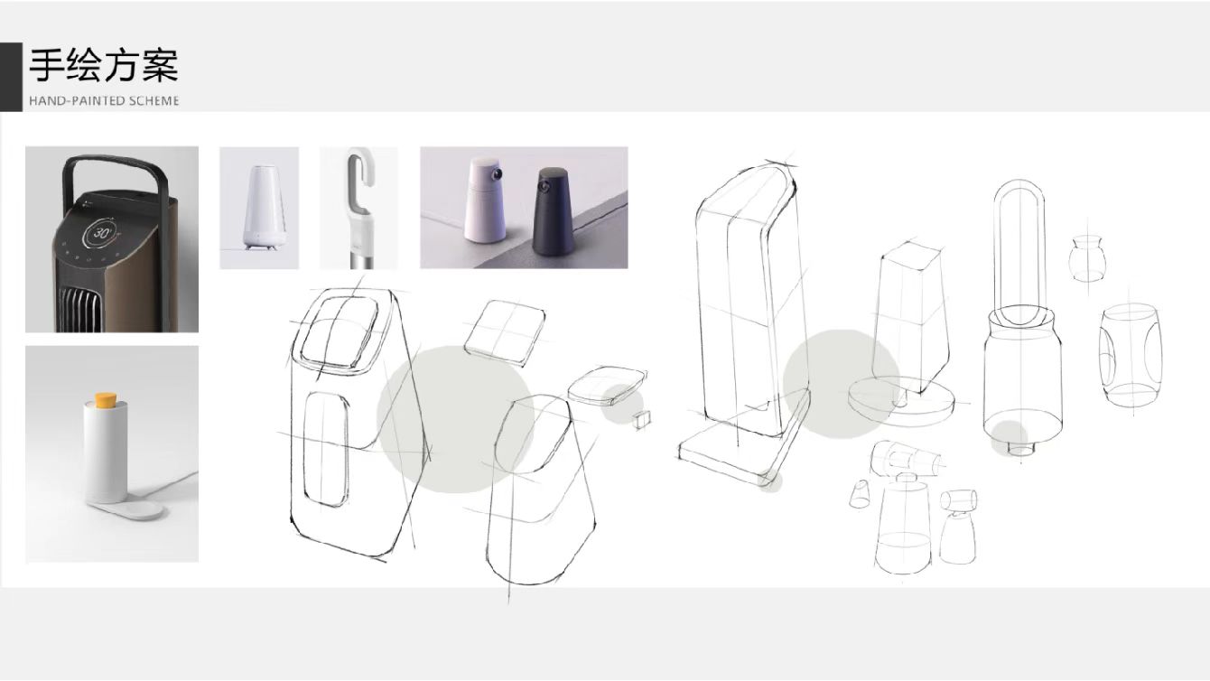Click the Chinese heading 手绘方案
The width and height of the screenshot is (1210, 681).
[x=104, y=66]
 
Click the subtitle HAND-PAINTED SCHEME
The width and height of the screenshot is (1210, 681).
[x=104, y=100]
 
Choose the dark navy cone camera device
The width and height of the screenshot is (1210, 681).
[x=554, y=212]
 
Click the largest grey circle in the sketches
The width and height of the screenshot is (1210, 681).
[x=454, y=420]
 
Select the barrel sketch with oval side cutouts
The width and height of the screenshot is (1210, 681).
[x=1129, y=357]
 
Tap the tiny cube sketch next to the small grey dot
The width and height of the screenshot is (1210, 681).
[x=643, y=420]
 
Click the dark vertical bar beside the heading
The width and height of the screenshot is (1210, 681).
[x=11, y=77]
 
